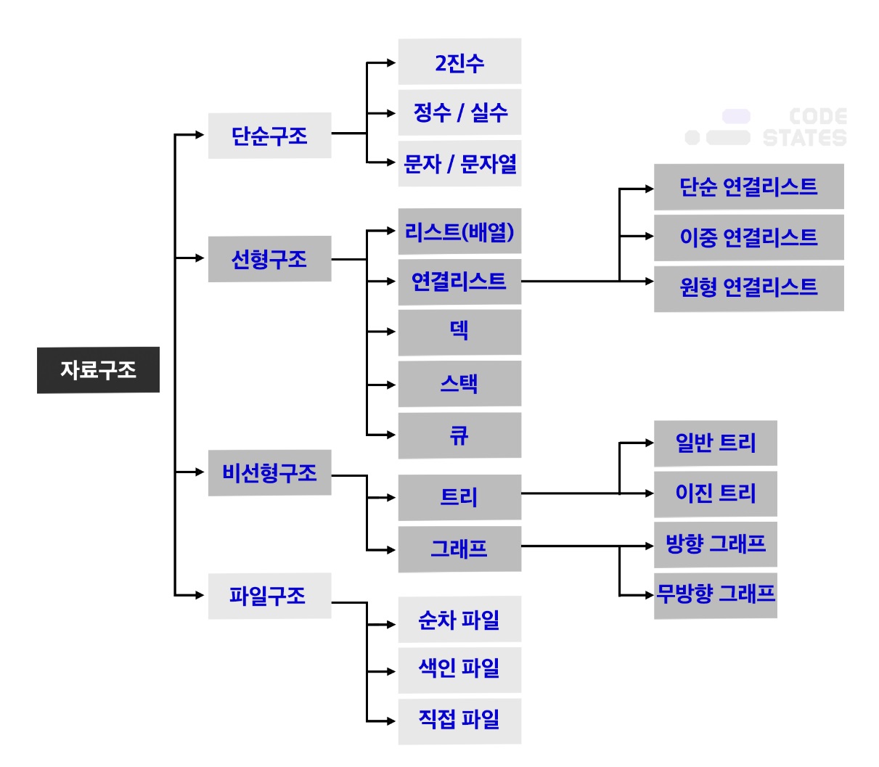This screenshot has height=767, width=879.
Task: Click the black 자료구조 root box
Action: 98,370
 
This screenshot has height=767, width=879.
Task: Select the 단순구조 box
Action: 269,136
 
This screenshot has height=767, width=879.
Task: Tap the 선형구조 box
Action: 269,259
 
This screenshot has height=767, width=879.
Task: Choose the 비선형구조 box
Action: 269,473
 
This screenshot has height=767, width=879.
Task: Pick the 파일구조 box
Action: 269,596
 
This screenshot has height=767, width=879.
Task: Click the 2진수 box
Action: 459,62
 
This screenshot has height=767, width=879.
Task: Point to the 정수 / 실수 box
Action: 459,112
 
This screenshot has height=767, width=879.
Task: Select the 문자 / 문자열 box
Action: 459,164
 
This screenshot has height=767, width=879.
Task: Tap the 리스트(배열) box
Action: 459,231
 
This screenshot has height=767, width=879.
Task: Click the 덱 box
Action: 459,332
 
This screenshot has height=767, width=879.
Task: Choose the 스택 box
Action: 459,383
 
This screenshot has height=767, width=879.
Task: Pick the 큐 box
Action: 459,435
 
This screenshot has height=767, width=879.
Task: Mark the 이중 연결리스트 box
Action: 748,237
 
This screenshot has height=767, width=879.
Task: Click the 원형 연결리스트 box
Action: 748,288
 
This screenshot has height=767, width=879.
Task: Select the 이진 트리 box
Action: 715,493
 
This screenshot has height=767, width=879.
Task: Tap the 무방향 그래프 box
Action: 715,595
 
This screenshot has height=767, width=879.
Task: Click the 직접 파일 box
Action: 459,721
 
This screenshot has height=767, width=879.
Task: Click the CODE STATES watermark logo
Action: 766,128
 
